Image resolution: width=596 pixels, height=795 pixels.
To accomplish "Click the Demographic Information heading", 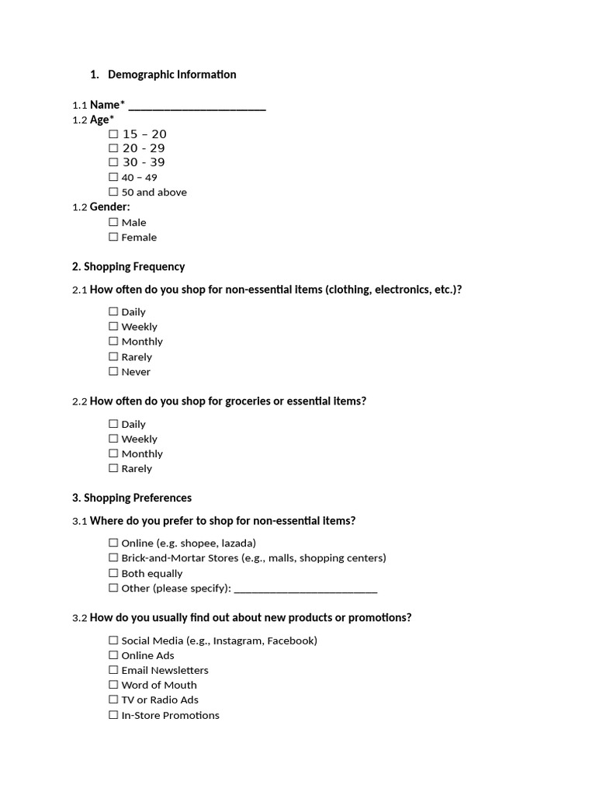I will [172, 75].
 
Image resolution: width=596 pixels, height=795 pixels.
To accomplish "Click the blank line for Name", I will [197, 106].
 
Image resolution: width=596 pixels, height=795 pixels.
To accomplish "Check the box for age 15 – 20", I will [114, 134].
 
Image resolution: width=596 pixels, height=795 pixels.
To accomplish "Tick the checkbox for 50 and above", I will [114, 192].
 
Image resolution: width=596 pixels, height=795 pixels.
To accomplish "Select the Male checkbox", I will [114, 222].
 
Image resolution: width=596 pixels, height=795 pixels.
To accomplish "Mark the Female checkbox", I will [114, 237].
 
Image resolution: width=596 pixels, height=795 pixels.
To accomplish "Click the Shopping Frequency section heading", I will [128, 266].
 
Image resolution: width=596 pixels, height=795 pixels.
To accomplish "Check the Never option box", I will [114, 371].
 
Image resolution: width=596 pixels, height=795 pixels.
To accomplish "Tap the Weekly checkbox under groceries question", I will [114, 439].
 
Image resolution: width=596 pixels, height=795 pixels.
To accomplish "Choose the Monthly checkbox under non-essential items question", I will [114, 342].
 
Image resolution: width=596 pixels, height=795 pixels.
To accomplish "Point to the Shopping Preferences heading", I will [131, 498].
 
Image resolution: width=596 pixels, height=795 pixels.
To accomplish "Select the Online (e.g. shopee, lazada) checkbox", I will [114, 543].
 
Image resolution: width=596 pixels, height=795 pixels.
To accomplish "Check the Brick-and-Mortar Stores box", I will [114, 557].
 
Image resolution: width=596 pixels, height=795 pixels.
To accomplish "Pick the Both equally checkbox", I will [114, 573].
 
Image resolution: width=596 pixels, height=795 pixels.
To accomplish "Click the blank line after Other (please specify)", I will [305, 589].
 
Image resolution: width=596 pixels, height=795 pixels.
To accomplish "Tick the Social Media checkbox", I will [114, 641].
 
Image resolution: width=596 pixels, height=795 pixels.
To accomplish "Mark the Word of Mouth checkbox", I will [114, 685].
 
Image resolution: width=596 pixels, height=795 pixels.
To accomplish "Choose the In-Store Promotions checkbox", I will [114, 715].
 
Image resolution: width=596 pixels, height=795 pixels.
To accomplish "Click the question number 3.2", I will [79, 618].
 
